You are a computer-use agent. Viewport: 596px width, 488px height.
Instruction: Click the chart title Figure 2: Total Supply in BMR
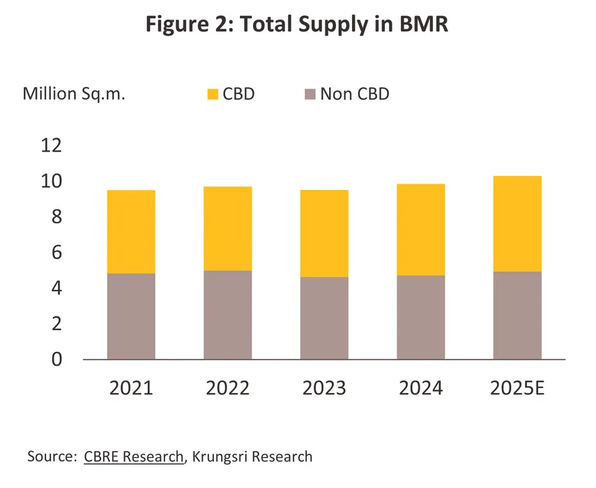[x=298, y=26]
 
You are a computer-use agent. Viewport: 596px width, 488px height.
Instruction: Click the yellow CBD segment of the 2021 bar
[x=131, y=231]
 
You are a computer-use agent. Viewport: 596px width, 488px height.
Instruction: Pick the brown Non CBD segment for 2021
[x=131, y=316]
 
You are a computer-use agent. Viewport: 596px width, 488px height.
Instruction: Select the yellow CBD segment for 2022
[x=227, y=228]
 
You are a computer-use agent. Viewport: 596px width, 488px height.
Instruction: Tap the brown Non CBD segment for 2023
[x=324, y=318]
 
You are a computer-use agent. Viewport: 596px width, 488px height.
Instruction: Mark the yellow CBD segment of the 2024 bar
[x=421, y=230]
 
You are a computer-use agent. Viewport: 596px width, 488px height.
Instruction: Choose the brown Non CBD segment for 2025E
[x=517, y=316]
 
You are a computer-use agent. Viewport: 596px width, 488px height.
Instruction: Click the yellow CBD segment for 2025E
[x=517, y=223]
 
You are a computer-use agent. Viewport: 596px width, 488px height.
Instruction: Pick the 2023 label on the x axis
[x=324, y=389]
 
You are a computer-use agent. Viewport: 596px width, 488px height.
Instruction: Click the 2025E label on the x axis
[x=518, y=389]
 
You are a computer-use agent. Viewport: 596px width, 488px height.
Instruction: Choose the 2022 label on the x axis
[x=227, y=389]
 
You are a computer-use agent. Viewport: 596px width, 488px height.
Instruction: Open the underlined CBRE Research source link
[x=134, y=457]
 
